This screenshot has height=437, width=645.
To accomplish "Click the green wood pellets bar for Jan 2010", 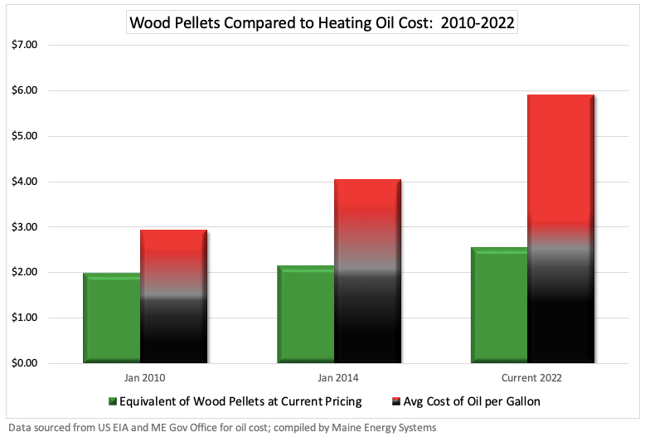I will [x=112, y=318].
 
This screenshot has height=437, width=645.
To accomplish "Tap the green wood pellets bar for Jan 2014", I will [x=306, y=314].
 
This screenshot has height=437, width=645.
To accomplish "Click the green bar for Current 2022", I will [x=500, y=305].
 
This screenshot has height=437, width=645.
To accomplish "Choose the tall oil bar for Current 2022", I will [x=561, y=229].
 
